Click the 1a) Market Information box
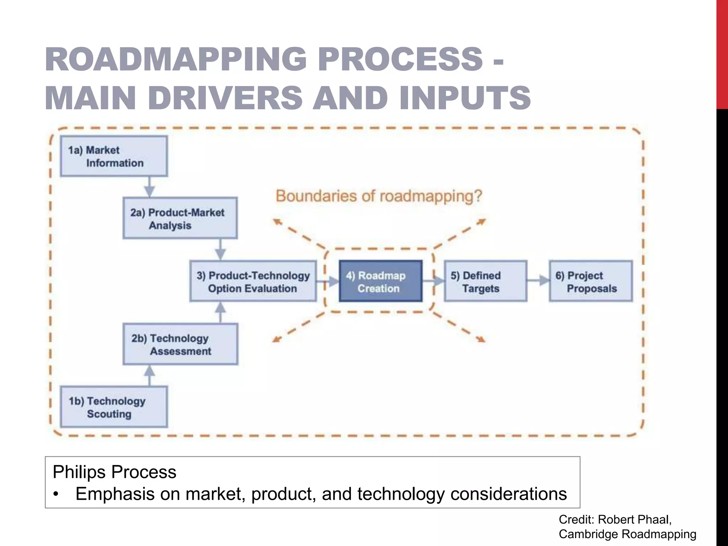point(114,156)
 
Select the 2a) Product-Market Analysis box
point(180,218)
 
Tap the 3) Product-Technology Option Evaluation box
point(253,281)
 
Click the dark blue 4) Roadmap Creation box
point(381,281)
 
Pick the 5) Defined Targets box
point(486,281)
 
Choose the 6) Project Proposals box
point(591,281)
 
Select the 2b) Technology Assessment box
point(180,344)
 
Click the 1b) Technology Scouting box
point(114,407)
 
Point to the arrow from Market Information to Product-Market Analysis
point(149,187)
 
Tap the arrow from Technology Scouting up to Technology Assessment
point(150,375)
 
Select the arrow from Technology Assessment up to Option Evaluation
point(221,312)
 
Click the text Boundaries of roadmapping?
point(379,196)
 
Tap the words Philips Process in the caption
point(114,472)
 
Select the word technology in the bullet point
point(401,494)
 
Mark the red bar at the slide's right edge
point(722,53)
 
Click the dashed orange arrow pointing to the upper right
point(462,231)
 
